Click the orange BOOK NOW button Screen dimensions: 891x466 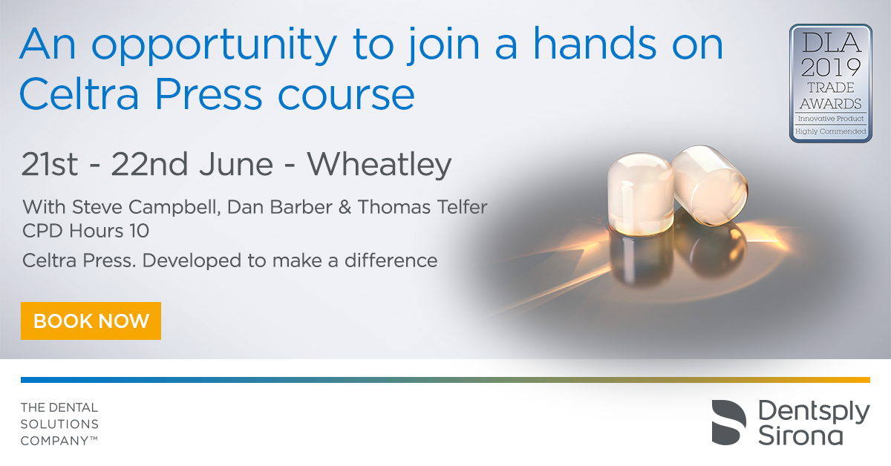click(x=91, y=321)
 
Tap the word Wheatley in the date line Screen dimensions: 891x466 click(x=379, y=165)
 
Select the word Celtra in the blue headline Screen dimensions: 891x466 click(x=79, y=94)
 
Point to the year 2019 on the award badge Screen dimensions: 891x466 click(x=831, y=68)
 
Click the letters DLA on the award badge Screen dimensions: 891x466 click(x=831, y=43)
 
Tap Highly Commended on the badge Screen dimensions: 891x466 click(x=831, y=131)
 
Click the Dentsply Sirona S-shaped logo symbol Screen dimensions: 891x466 click(x=728, y=422)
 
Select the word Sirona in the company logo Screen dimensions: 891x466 click(x=800, y=436)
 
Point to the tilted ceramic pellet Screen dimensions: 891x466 click(x=709, y=185)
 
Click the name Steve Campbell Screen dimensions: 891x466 click(x=146, y=207)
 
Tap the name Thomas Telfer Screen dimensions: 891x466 click(x=422, y=207)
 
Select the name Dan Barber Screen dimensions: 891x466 click(x=280, y=207)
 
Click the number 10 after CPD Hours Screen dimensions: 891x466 click(x=139, y=231)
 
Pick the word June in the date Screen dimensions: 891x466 click(x=236, y=165)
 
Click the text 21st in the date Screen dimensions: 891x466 click(x=49, y=165)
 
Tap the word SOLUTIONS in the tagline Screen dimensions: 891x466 click(x=59, y=424)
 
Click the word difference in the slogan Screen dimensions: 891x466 click(x=391, y=260)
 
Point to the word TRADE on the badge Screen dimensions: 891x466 click(x=831, y=88)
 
